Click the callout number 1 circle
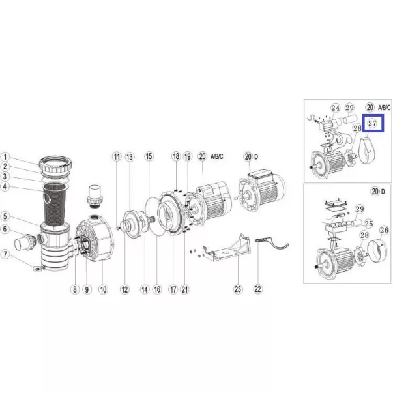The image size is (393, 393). coord(5,157)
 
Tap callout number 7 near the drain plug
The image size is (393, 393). coord(5,254)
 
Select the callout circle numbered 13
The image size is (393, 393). coord(129,157)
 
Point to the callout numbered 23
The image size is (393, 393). coord(238,289)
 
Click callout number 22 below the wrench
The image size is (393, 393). coord(257,289)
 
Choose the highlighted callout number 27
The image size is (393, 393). coord(372,123)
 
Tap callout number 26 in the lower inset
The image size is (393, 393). coord(385,230)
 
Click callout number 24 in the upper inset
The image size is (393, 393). coord(336,108)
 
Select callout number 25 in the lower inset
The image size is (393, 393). coord(369,224)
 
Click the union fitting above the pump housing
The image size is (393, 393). coord(94,197)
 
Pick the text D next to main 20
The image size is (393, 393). coord(256,157)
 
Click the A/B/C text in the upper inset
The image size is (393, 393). coord(385,108)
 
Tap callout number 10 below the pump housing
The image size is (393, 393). coord(103,289)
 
